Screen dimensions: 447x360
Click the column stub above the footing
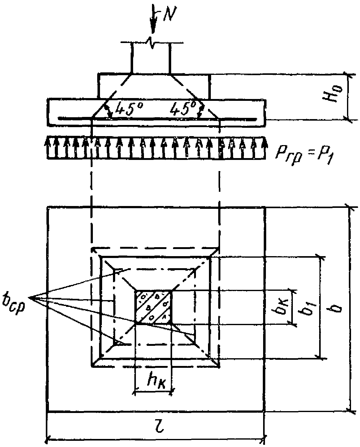click(151, 59)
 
